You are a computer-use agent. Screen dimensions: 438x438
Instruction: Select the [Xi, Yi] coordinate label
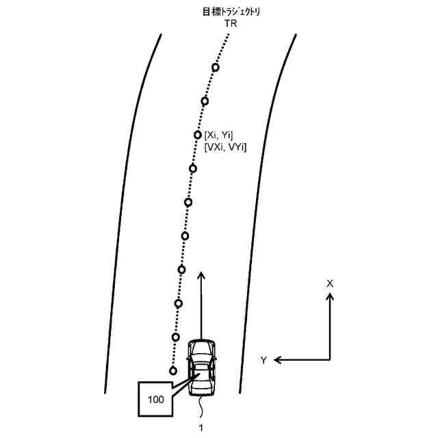tap(220, 135)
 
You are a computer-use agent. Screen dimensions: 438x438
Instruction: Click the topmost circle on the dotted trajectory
tap(216, 67)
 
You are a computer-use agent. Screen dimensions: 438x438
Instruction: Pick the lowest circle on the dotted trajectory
tap(173, 370)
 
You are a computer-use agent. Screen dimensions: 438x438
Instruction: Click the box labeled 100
tap(156, 398)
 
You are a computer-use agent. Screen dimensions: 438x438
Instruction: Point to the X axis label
tap(329, 283)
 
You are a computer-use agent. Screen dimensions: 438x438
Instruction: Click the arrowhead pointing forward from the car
tap(202, 275)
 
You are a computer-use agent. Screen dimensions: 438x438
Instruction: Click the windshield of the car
tap(202, 355)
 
